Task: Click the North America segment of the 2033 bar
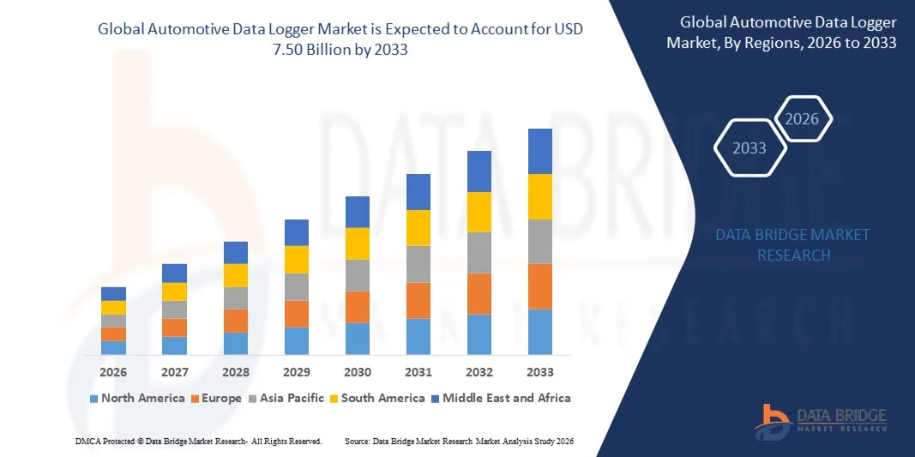pyautogui.click(x=539, y=332)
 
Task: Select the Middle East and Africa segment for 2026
pyautogui.click(x=113, y=293)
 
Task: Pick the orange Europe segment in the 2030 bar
pyautogui.click(x=358, y=307)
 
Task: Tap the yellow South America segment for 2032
pyautogui.click(x=479, y=212)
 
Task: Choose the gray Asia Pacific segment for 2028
pyautogui.click(x=236, y=298)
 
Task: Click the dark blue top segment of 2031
pyautogui.click(x=418, y=192)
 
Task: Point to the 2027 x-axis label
pyautogui.click(x=174, y=372)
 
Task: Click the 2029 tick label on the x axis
pyautogui.click(x=297, y=372)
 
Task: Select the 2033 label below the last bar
pyautogui.click(x=540, y=372)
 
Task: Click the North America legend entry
pyautogui.click(x=137, y=398)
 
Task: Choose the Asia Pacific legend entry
pyautogui.click(x=286, y=398)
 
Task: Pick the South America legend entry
pyautogui.click(x=376, y=398)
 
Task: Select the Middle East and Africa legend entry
pyautogui.click(x=500, y=398)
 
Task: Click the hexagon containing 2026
pyautogui.click(x=803, y=119)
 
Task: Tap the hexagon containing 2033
pyautogui.click(x=749, y=148)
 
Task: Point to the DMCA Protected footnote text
pyautogui.click(x=197, y=441)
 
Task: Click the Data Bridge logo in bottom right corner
pyautogui.click(x=820, y=420)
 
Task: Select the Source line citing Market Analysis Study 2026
pyautogui.click(x=459, y=441)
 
